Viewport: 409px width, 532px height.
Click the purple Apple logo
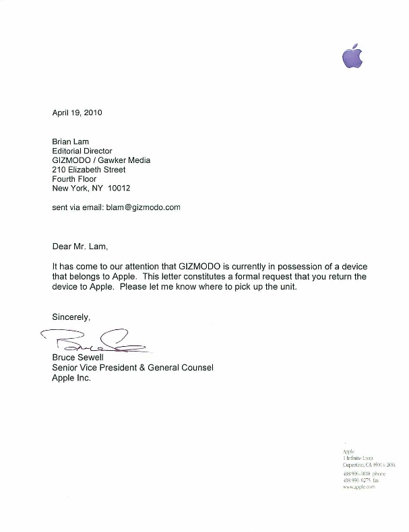[x=352, y=57]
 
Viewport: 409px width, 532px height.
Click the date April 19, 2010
[x=77, y=113]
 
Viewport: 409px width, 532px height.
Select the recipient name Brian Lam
[x=71, y=143]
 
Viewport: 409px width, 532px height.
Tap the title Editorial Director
[x=82, y=152]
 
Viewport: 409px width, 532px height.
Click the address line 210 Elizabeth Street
[x=89, y=170]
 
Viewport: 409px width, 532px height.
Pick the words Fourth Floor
[x=74, y=179]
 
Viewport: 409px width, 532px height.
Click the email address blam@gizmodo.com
[x=143, y=207]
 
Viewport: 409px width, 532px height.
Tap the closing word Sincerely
[x=71, y=317]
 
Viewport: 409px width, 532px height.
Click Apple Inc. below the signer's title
[x=71, y=378]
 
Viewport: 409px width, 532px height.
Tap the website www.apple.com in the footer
[x=358, y=486]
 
